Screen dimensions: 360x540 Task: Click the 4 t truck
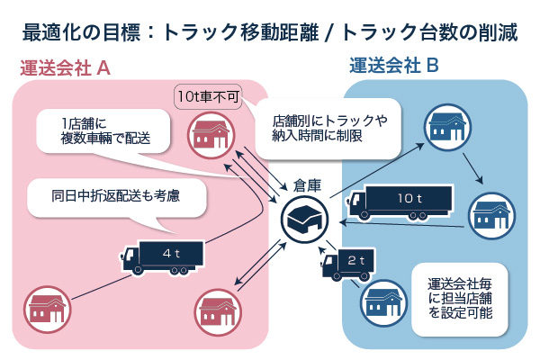pos(162,256)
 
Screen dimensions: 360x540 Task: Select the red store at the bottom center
pos(217,309)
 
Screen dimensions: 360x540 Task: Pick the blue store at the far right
pos(493,214)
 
